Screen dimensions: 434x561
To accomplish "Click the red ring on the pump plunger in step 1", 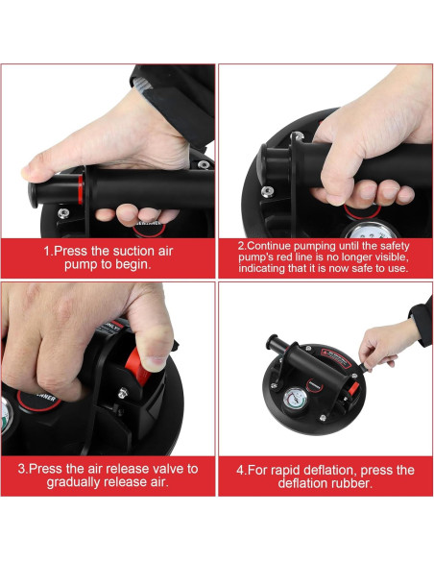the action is coord(81,189).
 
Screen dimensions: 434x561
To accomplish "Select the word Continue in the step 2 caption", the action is coord(269,246).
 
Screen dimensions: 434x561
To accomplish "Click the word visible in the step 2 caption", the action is coord(391,256).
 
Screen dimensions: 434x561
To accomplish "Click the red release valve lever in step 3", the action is coord(138,366).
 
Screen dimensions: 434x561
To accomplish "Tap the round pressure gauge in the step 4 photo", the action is coord(296,400).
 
